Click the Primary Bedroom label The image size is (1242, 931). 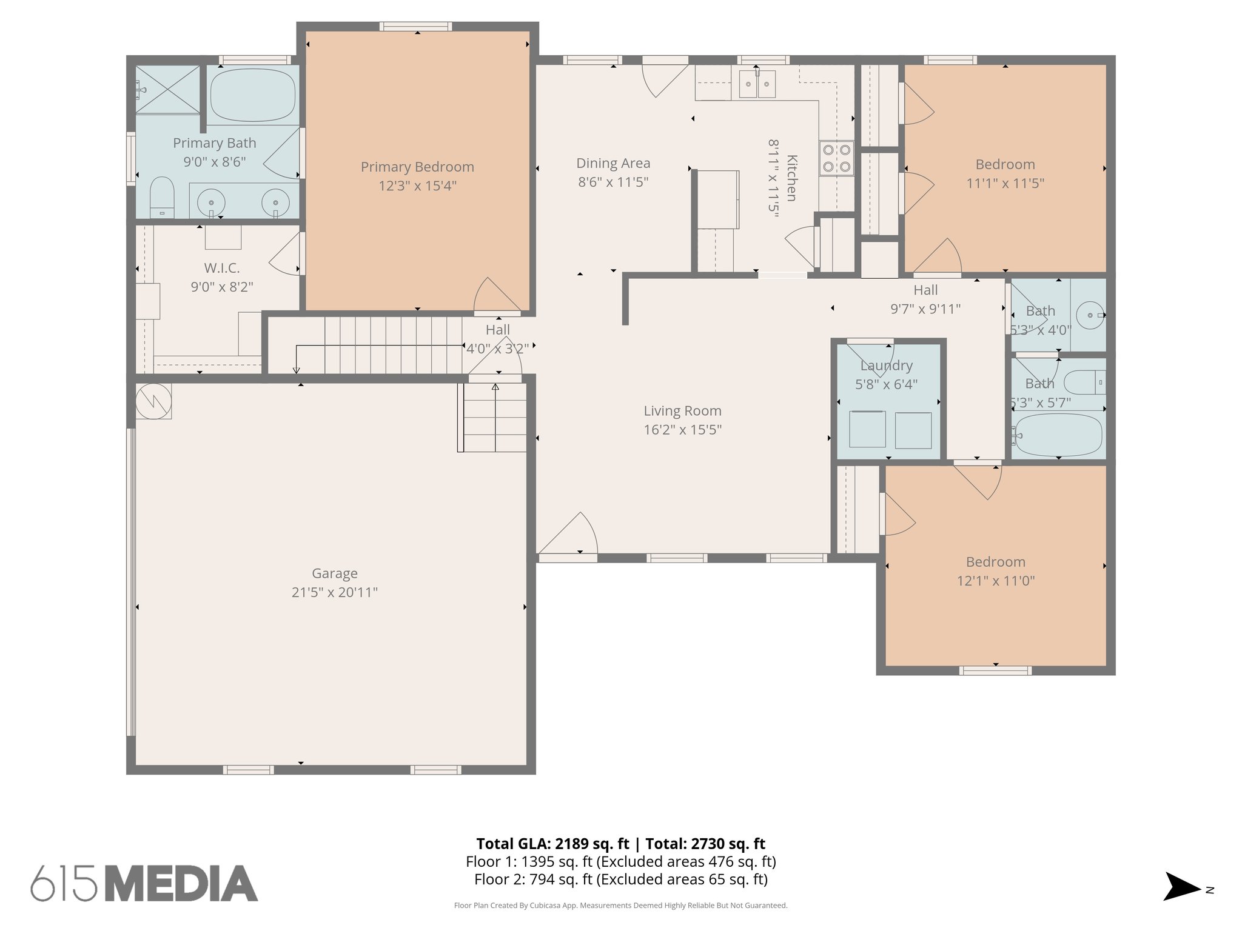coord(417,167)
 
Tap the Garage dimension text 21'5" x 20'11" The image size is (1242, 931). coord(334,592)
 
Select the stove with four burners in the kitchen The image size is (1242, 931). coord(836,158)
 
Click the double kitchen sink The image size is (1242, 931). coord(757,84)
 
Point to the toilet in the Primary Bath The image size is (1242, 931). coord(162,196)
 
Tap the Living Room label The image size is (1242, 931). coord(682,411)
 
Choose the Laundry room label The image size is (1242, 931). coord(886,365)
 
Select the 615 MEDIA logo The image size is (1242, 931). coord(144,883)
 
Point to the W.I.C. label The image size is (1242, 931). coord(221,268)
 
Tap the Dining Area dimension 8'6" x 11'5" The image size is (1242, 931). coord(613,182)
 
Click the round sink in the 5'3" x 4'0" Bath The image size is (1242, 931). coord(1090,315)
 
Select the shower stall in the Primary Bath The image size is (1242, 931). coord(167,89)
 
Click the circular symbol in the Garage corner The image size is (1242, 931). coord(153,401)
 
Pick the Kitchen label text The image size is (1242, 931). coord(791,178)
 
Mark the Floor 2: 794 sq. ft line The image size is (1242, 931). coord(620,879)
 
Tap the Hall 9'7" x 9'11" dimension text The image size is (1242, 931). coord(925,309)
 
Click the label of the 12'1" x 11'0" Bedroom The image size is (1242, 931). coord(995,562)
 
